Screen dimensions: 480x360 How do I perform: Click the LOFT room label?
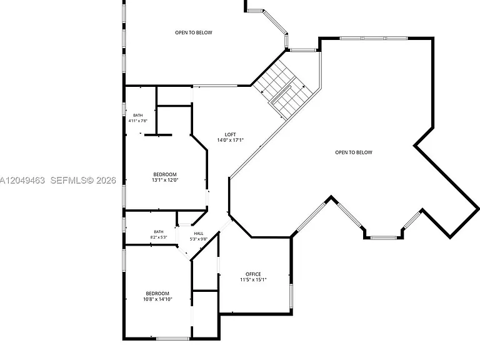pos(230,134)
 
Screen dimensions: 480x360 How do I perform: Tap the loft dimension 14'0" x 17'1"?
pos(230,140)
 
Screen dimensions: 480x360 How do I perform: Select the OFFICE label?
pos(253,274)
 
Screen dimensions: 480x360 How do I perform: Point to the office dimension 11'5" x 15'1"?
pos(253,279)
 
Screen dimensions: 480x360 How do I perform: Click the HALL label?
pos(198,234)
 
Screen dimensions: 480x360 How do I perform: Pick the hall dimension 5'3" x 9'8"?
pos(198,239)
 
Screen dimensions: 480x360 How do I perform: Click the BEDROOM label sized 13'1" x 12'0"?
pos(165,174)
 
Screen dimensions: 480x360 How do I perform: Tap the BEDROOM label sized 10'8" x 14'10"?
pos(157,293)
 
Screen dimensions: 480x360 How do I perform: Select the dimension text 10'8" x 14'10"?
pos(157,299)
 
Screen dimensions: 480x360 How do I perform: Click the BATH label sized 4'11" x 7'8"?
pos(137,115)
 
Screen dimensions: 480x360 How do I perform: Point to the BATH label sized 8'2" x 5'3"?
pos(159,232)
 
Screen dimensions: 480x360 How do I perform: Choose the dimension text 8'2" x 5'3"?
pos(159,237)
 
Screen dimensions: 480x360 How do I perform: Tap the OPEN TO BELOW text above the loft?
pos(194,32)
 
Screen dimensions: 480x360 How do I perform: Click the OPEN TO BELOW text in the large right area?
pos(354,152)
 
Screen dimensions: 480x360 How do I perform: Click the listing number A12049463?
pos(22,180)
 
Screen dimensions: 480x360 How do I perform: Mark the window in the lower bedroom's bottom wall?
pos(172,339)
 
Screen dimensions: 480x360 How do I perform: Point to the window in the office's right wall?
pos(291,296)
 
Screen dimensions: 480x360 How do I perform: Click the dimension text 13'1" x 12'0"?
pos(165,180)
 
